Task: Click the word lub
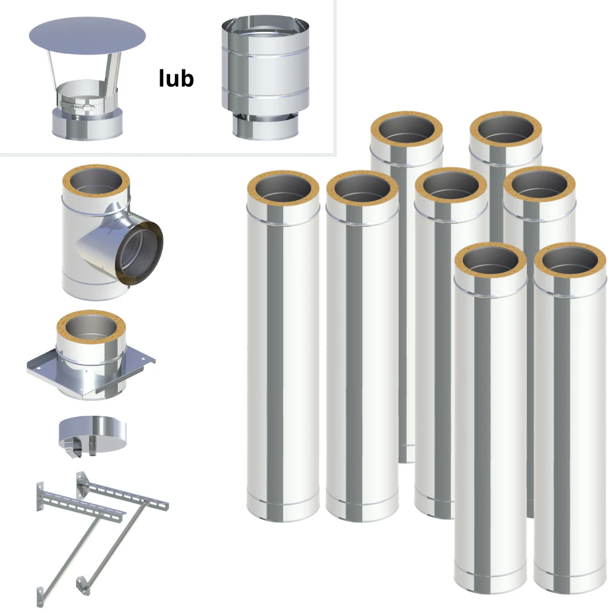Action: coord(176,78)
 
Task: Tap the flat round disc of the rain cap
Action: coord(87,36)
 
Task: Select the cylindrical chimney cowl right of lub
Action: coord(265,78)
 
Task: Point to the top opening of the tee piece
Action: coord(96,182)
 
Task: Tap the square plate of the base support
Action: coord(91,370)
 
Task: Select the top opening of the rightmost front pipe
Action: coord(570,260)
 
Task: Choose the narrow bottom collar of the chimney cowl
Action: coord(265,126)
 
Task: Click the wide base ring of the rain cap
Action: coord(88,123)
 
